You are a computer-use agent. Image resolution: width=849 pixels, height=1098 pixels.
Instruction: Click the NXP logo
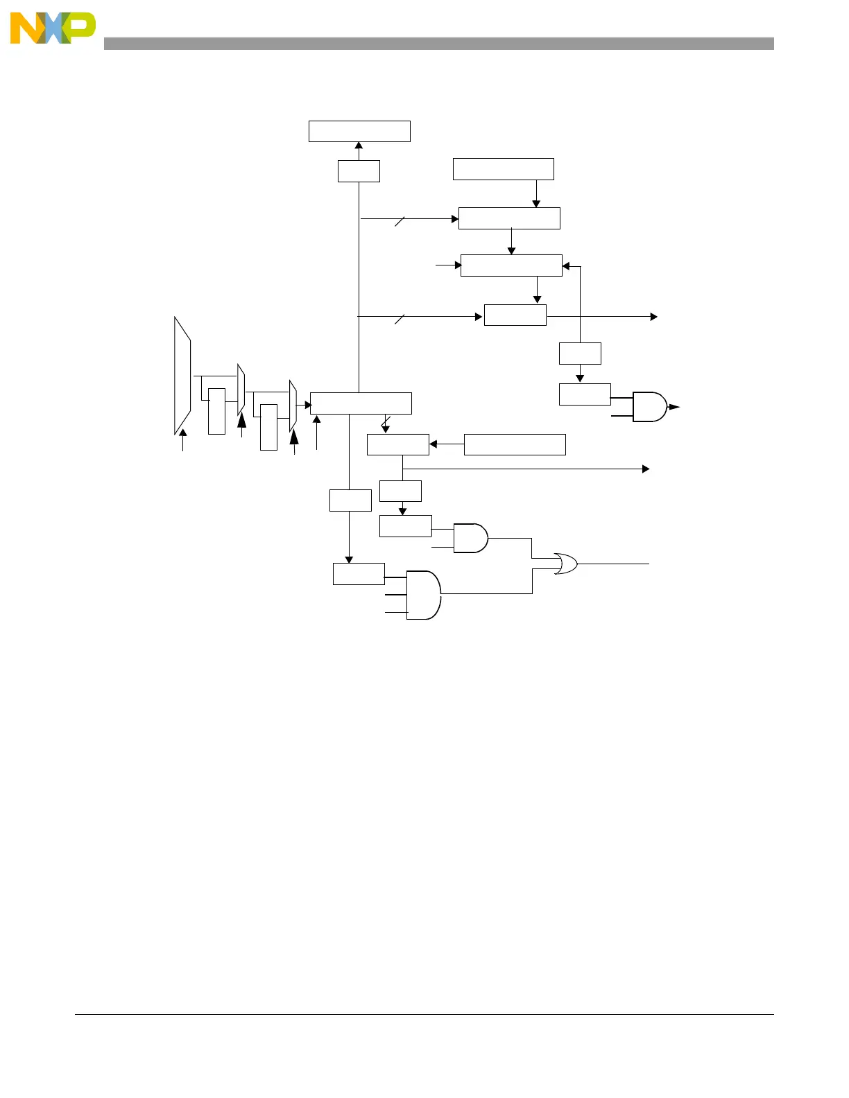point(53,28)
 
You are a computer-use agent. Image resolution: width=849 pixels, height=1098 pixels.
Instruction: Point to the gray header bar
point(438,44)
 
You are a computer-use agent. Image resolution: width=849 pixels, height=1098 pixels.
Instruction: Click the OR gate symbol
point(566,564)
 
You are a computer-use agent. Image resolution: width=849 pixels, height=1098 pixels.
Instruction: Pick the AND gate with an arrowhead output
point(650,407)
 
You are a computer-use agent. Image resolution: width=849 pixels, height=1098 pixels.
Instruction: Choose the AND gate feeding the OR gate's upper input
point(470,538)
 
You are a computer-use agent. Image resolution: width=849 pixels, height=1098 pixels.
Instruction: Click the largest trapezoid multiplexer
point(182,375)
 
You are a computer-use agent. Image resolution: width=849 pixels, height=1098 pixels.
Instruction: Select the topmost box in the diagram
point(359,131)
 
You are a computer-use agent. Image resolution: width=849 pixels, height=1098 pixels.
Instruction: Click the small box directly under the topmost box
point(359,171)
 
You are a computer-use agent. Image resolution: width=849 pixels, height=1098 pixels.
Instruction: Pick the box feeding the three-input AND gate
point(359,574)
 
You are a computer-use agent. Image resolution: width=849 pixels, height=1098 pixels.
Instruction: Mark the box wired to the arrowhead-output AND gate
point(585,394)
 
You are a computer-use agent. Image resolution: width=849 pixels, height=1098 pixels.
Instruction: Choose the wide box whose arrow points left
point(515,444)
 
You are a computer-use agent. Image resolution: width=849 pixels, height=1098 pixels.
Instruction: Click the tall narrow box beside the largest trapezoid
point(216,411)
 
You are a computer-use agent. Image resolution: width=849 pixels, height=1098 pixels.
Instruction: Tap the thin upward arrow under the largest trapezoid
point(183,440)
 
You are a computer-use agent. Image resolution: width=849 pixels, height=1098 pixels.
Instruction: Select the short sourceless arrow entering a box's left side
point(448,265)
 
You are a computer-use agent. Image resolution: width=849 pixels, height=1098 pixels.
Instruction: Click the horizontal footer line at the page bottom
point(424,1015)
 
